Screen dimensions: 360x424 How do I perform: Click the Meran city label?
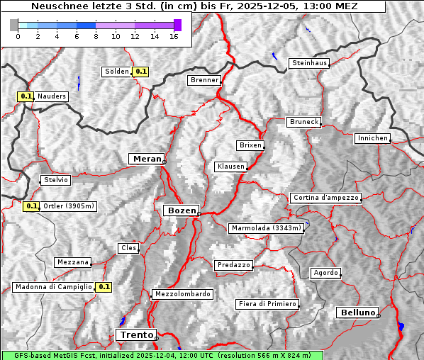[x=146, y=159]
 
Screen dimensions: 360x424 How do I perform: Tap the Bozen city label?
[x=181, y=210]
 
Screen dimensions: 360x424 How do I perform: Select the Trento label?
[x=136, y=334]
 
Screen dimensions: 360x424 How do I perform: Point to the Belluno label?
[x=357, y=312]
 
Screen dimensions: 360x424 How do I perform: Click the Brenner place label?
[x=205, y=80]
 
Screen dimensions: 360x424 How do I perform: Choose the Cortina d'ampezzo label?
[x=325, y=198]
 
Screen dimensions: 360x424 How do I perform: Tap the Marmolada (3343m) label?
[x=267, y=228]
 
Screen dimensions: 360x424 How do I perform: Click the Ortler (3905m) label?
[x=68, y=206]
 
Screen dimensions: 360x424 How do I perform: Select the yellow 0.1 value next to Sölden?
[x=141, y=71]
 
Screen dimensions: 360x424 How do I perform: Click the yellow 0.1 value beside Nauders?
[x=26, y=96]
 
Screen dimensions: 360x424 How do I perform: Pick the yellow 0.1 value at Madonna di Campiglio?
[x=104, y=287]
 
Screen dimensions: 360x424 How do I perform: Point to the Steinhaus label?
[x=310, y=63]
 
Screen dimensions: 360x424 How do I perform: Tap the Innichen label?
[x=372, y=138]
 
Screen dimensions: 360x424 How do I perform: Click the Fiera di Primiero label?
[x=267, y=304]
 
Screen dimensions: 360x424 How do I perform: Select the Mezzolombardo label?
[x=182, y=294]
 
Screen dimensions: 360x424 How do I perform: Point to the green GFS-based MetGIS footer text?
[x=162, y=355]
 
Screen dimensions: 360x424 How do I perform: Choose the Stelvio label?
[x=55, y=180]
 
